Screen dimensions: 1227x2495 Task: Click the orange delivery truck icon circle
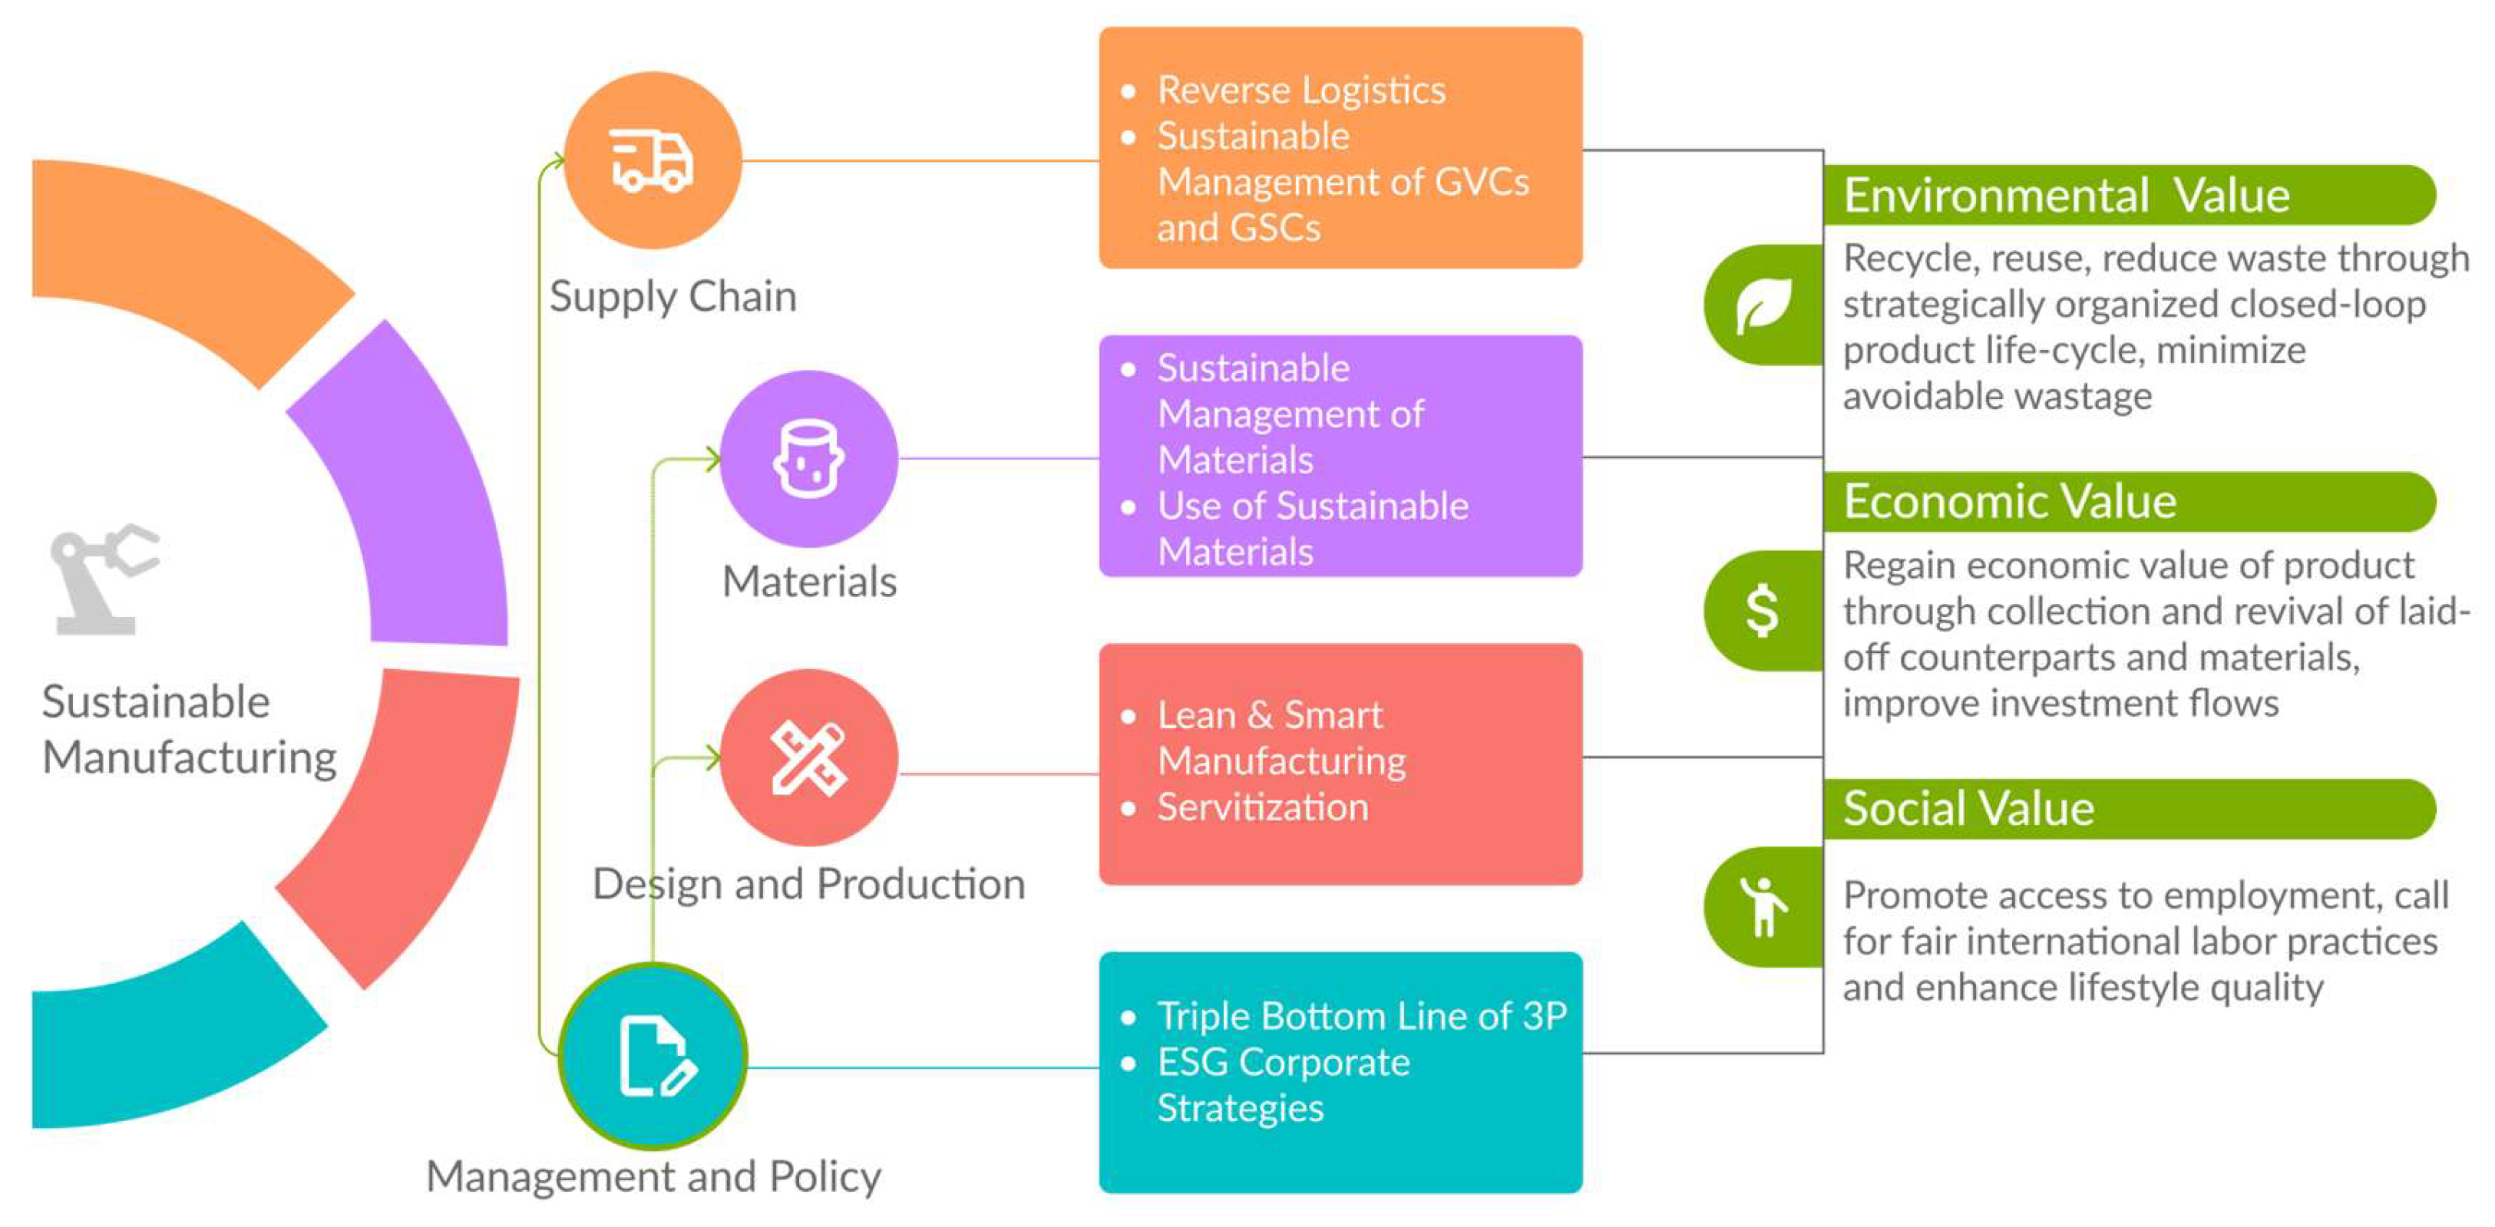click(653, 160)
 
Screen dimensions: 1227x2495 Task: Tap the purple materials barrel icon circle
click(808, 459)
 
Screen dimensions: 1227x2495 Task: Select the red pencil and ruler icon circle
click(808, 758)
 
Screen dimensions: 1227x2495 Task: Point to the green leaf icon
click(1763, 305)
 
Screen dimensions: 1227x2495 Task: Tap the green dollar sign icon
click(1762, 610)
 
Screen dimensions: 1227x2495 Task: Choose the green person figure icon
click(1762, 906)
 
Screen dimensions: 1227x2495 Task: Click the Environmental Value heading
click(2065, 196)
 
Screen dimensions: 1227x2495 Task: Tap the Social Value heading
click(1968, 809)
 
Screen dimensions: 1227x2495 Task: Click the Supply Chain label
click(672, 296)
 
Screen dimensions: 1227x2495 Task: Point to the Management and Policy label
click(654, 1176)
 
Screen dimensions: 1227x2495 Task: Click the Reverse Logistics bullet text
click(1300, 90)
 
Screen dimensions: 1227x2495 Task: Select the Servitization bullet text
click(1261, 806)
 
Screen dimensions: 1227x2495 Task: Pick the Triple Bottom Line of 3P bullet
click(1361, 1016)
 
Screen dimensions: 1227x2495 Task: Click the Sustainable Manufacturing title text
click(189, 729)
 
